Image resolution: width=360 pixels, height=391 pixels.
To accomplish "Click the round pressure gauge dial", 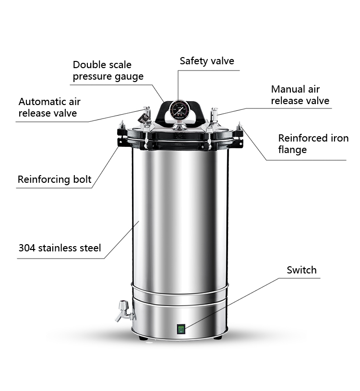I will tap(180, 110).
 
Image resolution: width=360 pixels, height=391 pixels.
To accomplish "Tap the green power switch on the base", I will tap(181, 329).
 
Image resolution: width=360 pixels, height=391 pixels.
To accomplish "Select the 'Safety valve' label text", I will tap(207, 61).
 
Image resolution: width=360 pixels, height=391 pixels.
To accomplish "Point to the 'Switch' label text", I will tap(301, 270).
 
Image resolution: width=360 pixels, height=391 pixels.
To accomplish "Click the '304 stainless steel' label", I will tap(60, 248).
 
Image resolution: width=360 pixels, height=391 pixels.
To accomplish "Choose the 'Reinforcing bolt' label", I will tap(54, 180).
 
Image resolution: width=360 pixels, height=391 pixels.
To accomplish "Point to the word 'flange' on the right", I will tap(292, 150).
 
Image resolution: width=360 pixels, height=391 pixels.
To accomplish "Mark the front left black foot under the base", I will tap(143, 338).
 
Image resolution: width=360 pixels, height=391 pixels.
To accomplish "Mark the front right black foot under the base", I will tap(218, 338).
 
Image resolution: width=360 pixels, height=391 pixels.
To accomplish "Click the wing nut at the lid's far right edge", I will tap(239, 127).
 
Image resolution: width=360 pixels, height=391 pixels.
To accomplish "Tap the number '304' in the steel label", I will tap(27, 248).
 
